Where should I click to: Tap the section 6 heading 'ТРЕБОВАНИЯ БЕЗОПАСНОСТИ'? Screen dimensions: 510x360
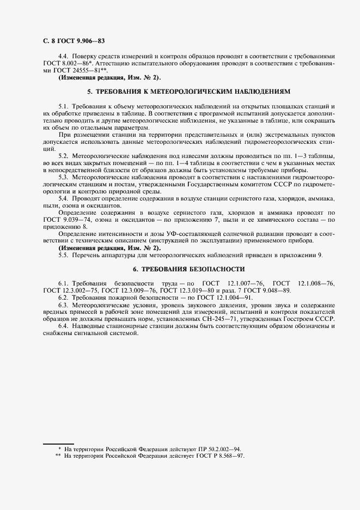point(189,269)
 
